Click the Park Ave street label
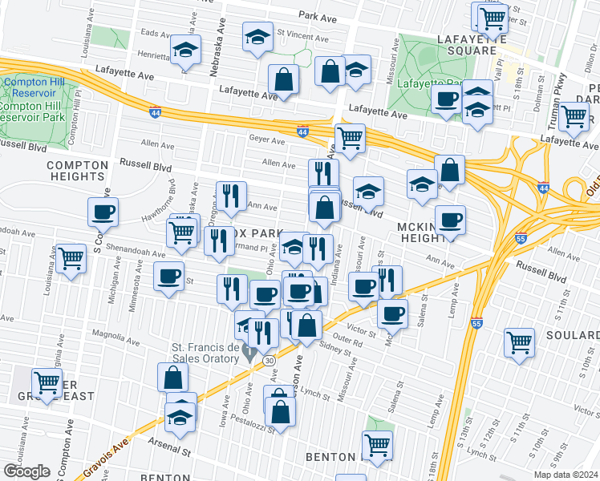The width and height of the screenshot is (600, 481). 317,15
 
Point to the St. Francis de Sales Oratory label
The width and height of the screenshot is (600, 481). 205,353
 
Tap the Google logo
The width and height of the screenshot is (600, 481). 26,471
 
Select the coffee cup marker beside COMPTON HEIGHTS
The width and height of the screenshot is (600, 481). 103,212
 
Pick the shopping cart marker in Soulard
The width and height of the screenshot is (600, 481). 519,342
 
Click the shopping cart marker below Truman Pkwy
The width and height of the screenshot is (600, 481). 574,116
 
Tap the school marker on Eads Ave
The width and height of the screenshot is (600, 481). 185,51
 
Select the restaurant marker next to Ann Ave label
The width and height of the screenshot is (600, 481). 230,197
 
